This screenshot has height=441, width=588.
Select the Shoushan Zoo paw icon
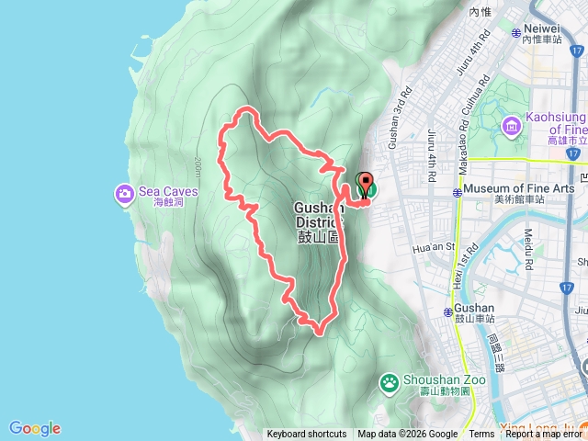point(390,381)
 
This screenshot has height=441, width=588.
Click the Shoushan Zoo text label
point(437,381)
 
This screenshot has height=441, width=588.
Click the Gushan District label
point(319,213)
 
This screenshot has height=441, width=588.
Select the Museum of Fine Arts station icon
point(458,193)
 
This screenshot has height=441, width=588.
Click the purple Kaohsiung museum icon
point(511,124)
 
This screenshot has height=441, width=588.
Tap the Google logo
point(35,428)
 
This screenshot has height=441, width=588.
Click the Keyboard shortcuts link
point(307,435)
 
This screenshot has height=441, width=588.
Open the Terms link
point(481,435)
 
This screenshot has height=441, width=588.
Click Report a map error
point(545,435)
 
